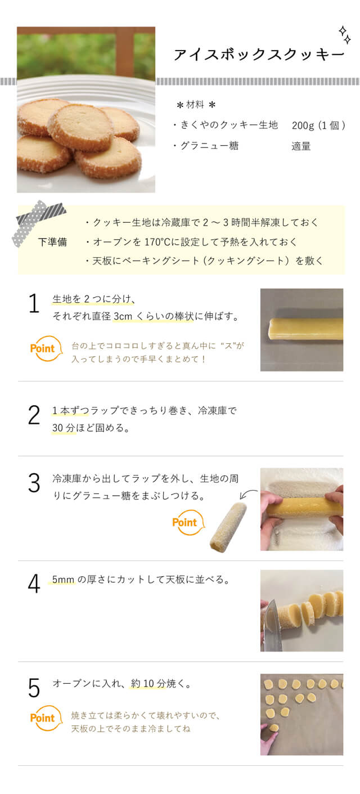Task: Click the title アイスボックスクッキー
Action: coord(258,55)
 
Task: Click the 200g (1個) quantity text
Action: coord(318,125)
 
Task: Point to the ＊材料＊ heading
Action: coord(196,105)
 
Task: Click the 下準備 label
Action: coord(53,242)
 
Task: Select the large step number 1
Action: coord(34,304)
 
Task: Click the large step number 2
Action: coord(34,415)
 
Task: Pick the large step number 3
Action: coord(34,483)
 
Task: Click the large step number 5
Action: coord(34,688)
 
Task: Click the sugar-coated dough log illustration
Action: coord(228,526)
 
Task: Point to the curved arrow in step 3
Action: coord(247,494)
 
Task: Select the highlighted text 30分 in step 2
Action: coord(63,428)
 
